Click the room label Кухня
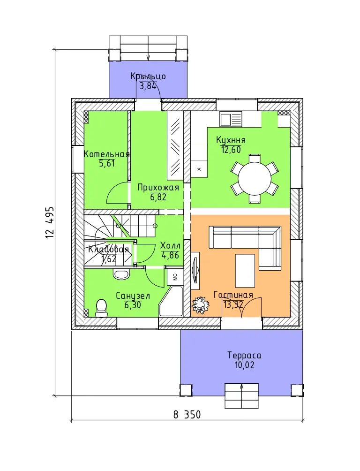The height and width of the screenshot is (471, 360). pos(231,140)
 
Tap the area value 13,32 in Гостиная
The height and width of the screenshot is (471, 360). pos(233,304)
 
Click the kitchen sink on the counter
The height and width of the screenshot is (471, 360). pos(231,119)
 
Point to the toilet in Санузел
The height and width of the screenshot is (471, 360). pos(101,308)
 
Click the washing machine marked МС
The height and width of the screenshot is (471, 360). pos(175,276)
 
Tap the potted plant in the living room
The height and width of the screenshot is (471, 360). pos(199,304)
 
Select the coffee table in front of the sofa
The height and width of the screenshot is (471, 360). pos(245,271)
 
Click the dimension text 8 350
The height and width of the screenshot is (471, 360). pos(187,415)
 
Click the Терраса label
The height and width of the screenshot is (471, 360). pos(244,356)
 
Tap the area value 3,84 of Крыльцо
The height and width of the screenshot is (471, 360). pos(148,86)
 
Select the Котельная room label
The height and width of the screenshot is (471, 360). pos(106,154)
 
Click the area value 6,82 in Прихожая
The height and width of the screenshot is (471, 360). pos(158,197)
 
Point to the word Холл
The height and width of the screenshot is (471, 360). pos(170,245)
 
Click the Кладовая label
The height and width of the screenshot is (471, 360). pos(108,249)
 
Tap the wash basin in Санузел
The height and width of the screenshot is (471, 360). pos(121,273)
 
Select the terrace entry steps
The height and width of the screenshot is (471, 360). pos(242,396)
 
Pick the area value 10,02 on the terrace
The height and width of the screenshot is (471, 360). pos(244,365)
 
